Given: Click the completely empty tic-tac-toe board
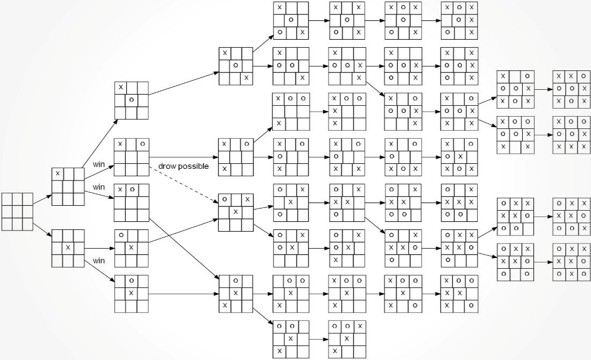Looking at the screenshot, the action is [x=17, y=212].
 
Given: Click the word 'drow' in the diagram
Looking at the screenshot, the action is [x=166, y=166].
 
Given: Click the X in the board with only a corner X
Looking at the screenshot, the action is [x=57, y=174].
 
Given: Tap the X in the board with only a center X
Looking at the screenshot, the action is [x=68, y=248].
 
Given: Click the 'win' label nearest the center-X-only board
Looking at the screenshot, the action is [x=99, y=261].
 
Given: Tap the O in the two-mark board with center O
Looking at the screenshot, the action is [x=132, y=100].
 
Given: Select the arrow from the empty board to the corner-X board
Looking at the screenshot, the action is [x=42, y=200].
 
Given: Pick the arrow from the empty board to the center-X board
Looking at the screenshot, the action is [x=42, y=231].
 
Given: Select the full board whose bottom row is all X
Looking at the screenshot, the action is [x=572, y=134].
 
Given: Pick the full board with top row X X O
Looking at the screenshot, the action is [x=572, y=89].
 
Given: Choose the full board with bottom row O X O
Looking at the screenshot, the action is [x=572, y=262].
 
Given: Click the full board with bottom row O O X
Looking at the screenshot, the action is [x=572, y=217].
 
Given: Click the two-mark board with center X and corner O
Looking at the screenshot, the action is [x=132, y=248].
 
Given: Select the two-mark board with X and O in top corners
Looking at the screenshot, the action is [x=132, y=157].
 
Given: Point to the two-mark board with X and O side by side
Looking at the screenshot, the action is [x=132, y=203].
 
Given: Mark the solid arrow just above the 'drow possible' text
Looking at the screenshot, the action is [x=184, y=157].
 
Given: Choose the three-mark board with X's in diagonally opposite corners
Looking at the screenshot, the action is [x=236, y=66].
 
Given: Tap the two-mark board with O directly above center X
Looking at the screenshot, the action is [x=132, y=294].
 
